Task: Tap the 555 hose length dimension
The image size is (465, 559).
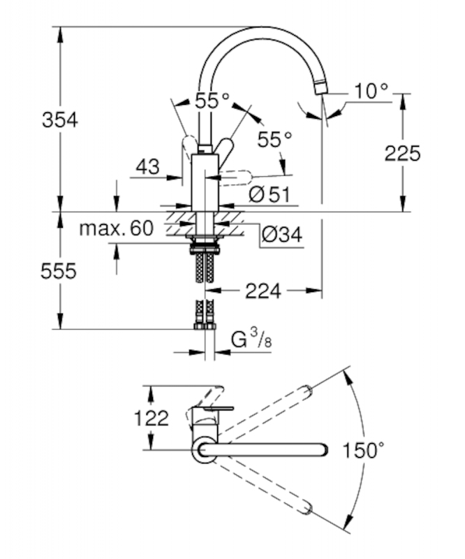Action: pyautogui.click(x=59, y=271)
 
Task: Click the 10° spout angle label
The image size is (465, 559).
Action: pyautogui.click(x=369, y=91)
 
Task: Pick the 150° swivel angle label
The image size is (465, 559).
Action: pyautogui.click(x=364, y=450)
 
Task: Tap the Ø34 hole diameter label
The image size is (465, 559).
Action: pyautogui.click(x=281, y=235)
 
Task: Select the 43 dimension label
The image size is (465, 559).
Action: pyautogui.click(x=147, y=167)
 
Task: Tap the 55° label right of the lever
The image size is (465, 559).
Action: pyautogui.click(x=274, y=140)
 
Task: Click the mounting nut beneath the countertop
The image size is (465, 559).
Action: pyautogui.click(x=205, y=245)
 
